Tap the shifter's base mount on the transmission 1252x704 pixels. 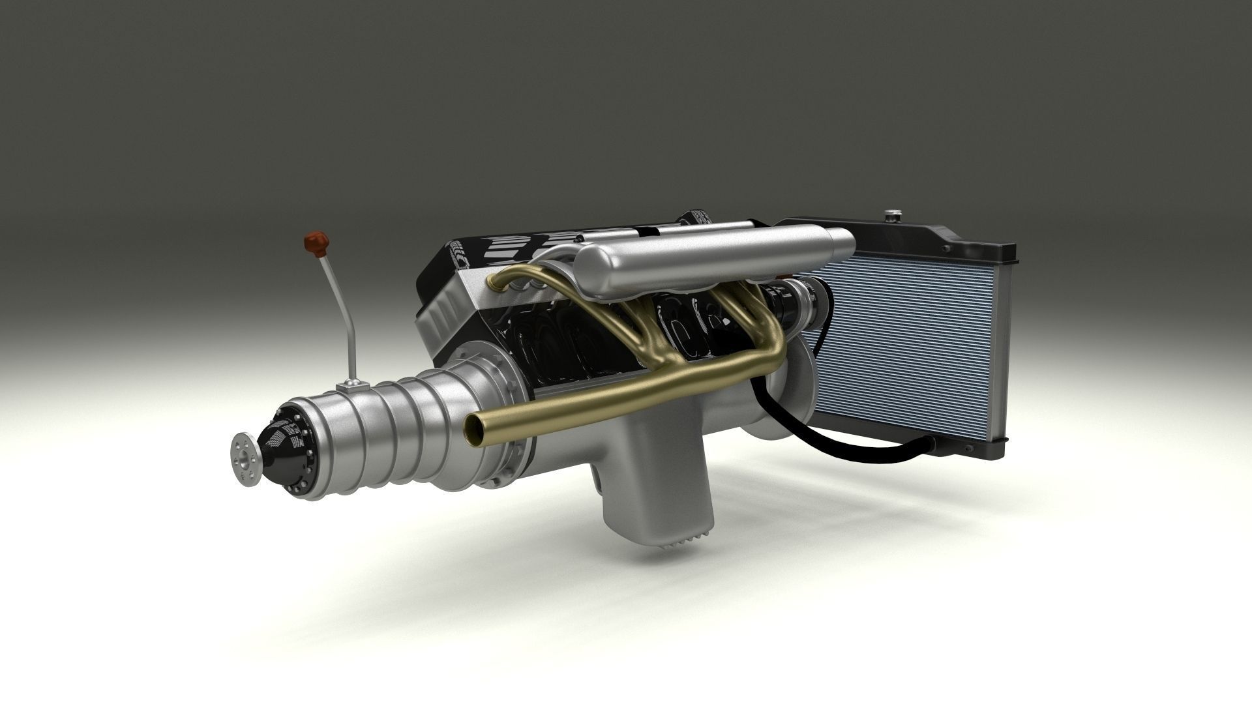pyautogui.click(x=353, y=387)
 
